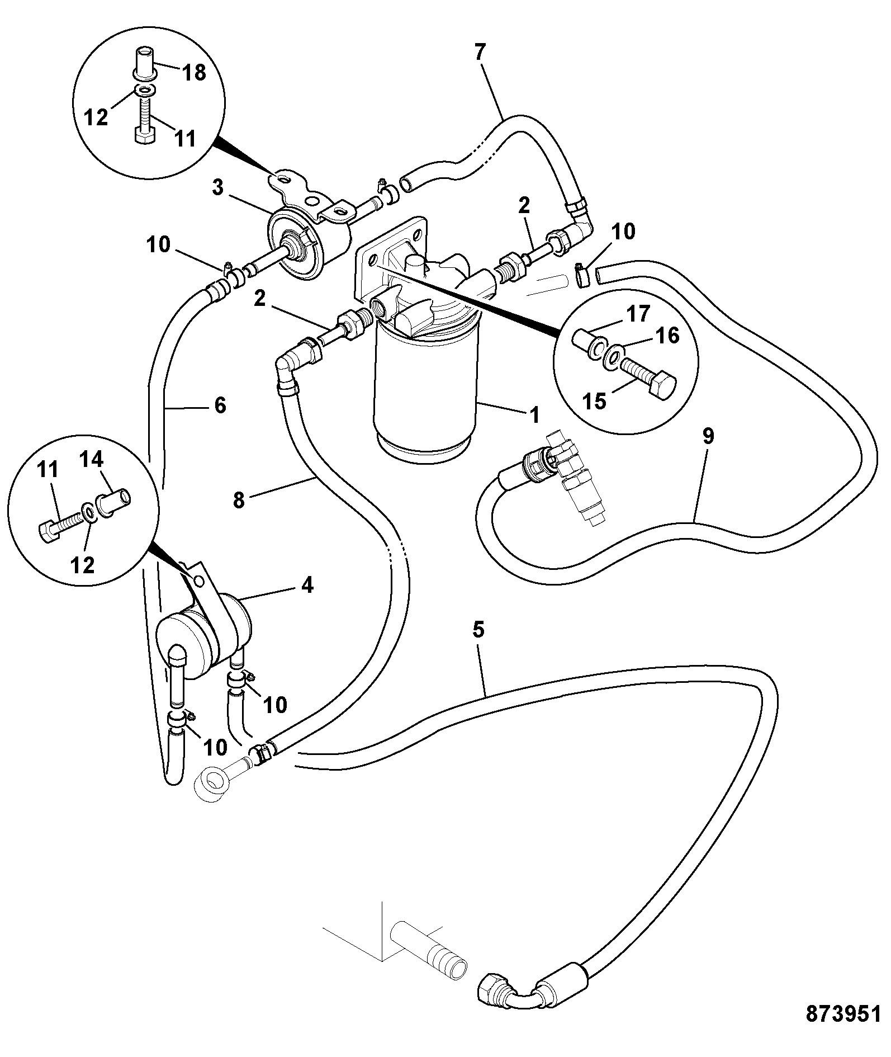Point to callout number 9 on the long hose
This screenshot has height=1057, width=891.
(708, 436)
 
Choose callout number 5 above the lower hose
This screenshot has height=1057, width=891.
(478, 630)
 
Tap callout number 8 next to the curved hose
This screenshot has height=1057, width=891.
(239, 499)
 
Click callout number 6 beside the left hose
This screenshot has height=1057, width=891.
(220, 405)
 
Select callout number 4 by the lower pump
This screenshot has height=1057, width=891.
(307, 585)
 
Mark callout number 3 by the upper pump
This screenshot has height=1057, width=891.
(218, 188)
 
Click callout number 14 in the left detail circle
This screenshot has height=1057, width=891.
(91, 460)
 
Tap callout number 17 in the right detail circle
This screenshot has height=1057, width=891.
(638, 314)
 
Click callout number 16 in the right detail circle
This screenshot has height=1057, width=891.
(667, 336)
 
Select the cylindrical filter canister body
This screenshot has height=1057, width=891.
(425, 391)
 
